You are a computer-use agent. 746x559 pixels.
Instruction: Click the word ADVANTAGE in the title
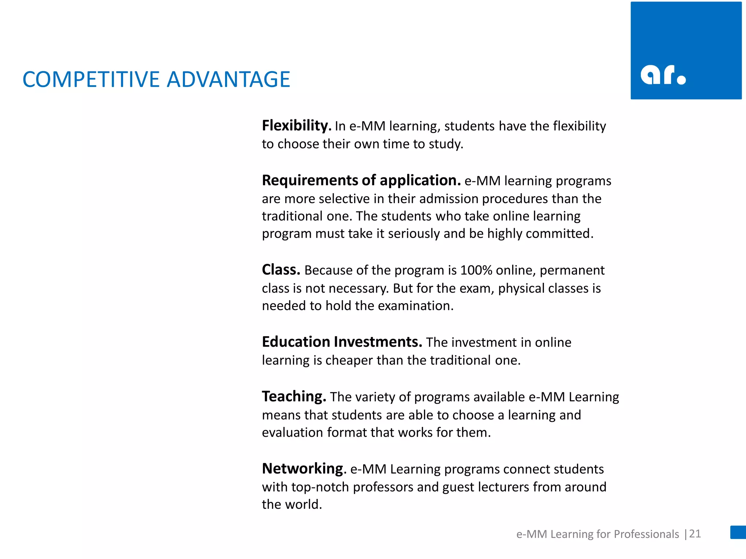(x=228, y=79)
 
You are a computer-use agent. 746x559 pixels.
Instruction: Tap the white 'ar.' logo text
(x=663, y=75)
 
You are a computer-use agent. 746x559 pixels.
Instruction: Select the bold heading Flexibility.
(x=296, y=126)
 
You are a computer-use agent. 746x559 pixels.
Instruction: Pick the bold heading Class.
(x=281, y=270)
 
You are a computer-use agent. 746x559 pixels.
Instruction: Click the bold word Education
(x=296, y=342)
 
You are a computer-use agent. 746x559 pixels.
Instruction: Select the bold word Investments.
(x=378, y=342)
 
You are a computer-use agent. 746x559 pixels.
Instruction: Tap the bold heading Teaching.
(x=294, y=396)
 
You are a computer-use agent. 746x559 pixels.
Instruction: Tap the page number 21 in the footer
(x=695, y=534)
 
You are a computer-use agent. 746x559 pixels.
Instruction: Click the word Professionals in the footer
(x=646, y=534)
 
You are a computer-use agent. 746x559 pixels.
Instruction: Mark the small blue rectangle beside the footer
(x=738, y=532)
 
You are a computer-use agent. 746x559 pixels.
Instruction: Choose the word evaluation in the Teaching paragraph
(x=292, y=432)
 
